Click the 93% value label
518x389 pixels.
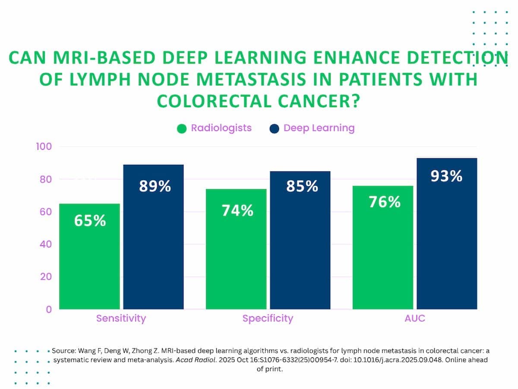(447, 176)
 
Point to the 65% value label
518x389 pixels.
(90, 220)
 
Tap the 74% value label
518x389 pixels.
(237, 210)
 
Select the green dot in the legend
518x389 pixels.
(182, 129)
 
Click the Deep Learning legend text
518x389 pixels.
(319, 128)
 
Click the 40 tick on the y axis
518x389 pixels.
(46, 244)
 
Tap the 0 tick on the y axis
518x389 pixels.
(49, 309)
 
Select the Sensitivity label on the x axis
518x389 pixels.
(121, 319)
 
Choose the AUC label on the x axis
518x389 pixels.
(415, 319)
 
